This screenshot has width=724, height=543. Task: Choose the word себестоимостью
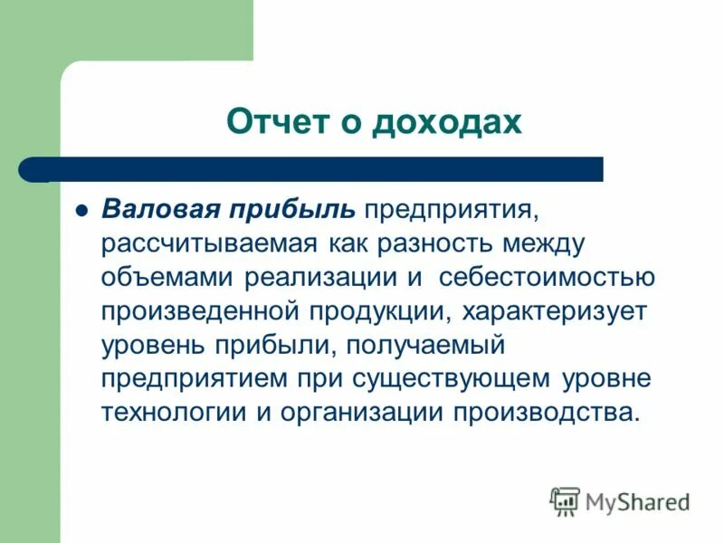[x=538, y=278]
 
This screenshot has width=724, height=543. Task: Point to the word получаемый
[x=426, y=345]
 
